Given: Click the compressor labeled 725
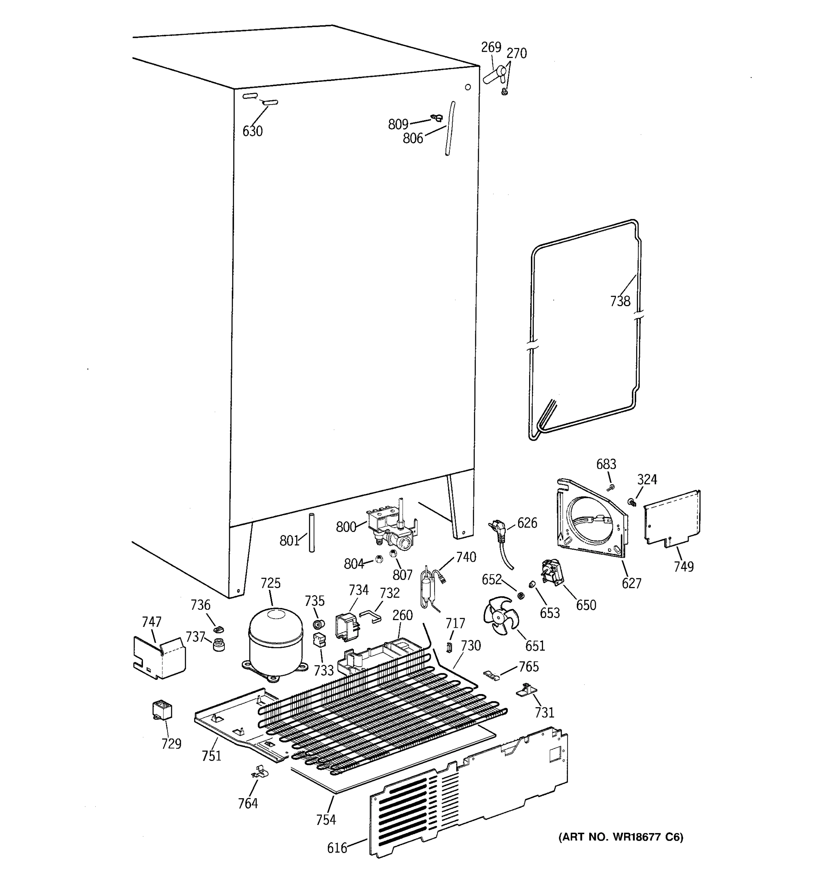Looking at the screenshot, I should click(x=275, y=643).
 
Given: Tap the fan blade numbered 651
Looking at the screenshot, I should click(x=500, y=613).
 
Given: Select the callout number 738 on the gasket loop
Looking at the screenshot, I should click(x=620, y=301).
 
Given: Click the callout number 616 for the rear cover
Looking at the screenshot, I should click(x=337, y=848).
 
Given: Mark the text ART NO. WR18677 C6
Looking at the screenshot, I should click(x=620, y=837).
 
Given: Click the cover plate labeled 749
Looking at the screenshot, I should click(x=672, y=518).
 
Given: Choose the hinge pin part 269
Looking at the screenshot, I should click(x=495, y=74).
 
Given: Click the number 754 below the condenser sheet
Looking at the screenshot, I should click(x=326, y=820).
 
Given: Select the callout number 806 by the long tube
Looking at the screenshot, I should click(x=412, y=139).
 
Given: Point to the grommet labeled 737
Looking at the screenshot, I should click(x=219, y=645).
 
